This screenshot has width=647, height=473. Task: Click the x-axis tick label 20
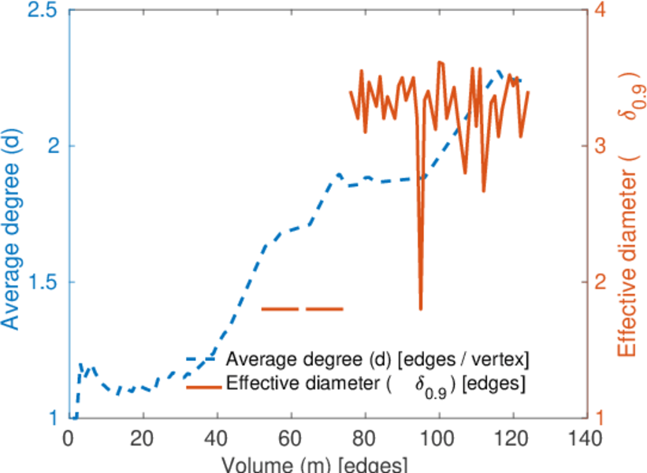pos(143,438)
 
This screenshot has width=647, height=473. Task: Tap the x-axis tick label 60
pos(291,438)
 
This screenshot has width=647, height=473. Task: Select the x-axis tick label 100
pos(438,438)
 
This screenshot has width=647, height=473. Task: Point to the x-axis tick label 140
pos(586,438)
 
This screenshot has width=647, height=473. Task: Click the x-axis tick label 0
pos(69,438)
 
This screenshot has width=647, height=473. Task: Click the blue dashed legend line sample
pos(201,359)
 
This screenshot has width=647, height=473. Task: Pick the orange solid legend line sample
pos(201,386)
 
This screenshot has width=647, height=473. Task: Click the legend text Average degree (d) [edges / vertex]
pos(377,359)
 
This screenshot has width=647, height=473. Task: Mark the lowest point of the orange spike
pos(421,309)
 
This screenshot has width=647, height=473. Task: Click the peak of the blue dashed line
pos(499,71)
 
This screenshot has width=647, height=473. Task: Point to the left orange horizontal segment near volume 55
pos(280,309)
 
